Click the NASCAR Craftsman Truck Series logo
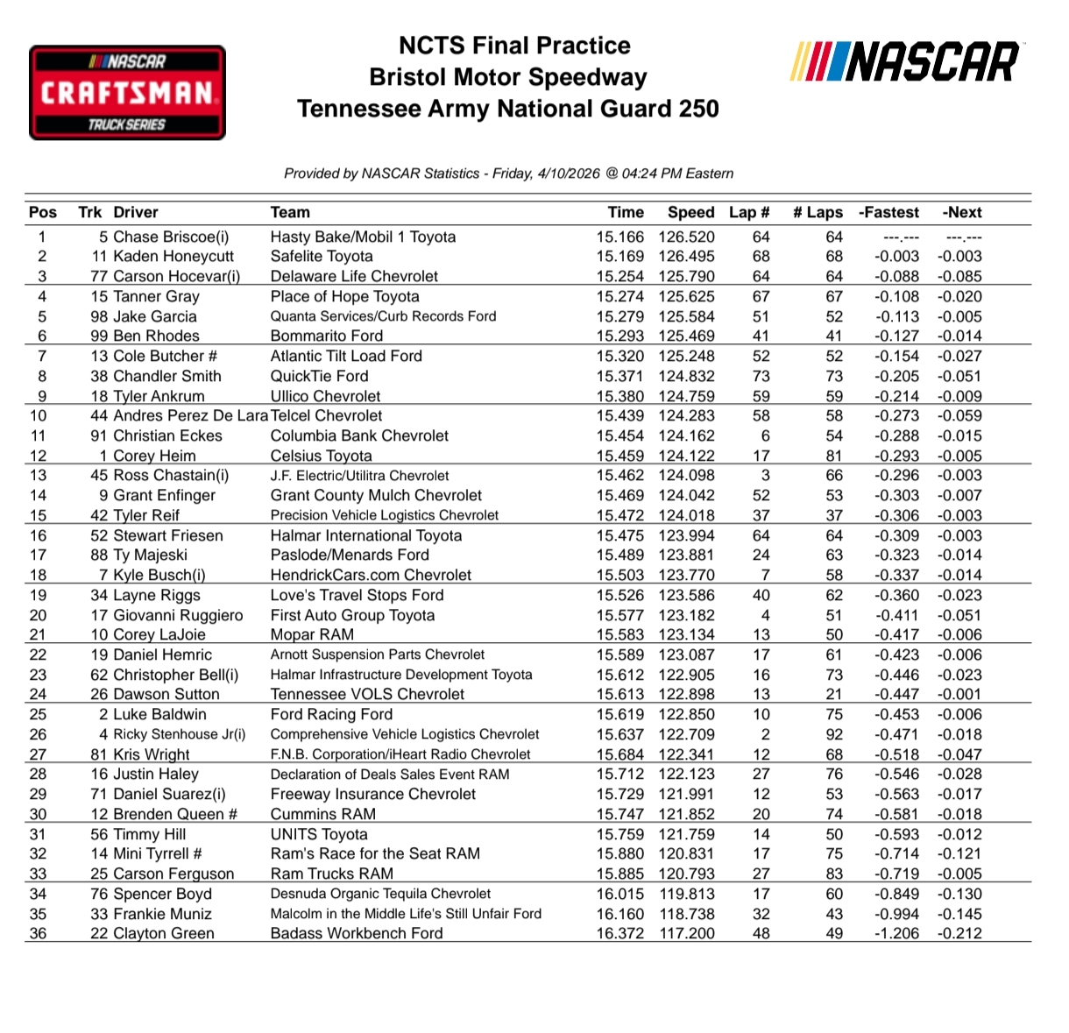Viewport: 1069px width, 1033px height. (x=127, y=93)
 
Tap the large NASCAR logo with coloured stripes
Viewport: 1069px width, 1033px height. (x=905, y=62)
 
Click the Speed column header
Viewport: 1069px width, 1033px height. (x=690, y=212)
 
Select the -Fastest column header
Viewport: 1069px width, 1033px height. (x=888, y=212)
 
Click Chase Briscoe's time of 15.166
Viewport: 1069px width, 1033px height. (x=619, y=237)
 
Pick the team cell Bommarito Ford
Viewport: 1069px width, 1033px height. (x=326, y=336)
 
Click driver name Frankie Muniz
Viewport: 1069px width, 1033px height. (x=162, y=914)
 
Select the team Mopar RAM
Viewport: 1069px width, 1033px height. (x=312, y=634)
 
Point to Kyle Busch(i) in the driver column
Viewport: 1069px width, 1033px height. (x=159, y=575)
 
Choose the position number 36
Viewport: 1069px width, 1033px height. (x=38, y=934)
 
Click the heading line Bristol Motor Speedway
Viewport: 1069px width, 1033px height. (x=507, y=77)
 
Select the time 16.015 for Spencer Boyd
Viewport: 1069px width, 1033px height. (x=619, y=894)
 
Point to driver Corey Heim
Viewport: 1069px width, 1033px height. (x=154, y=456)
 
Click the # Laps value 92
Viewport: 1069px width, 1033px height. (x=833, y=734)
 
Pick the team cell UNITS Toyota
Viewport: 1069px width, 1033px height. (x=319, y=834)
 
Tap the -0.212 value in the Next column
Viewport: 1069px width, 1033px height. (x=959, y=934)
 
